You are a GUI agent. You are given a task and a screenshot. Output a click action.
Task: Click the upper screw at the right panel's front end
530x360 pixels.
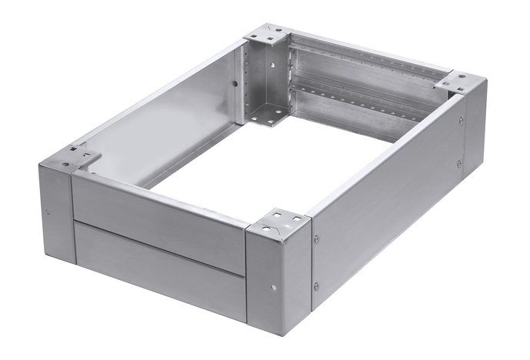pyautogui.click(x=316, y=239)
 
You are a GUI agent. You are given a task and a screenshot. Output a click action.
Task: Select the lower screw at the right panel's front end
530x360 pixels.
pyautogui.click(x=316, y=286)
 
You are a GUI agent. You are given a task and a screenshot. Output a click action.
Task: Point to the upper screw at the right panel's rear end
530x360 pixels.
pyautogui.click(x=461, y=120)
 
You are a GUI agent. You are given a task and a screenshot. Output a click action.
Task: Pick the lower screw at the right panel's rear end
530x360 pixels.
pyautogui.click(x=459, y=163)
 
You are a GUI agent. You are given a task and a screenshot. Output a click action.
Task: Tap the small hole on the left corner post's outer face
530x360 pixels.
pyautogui.click(x=48, y=213)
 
